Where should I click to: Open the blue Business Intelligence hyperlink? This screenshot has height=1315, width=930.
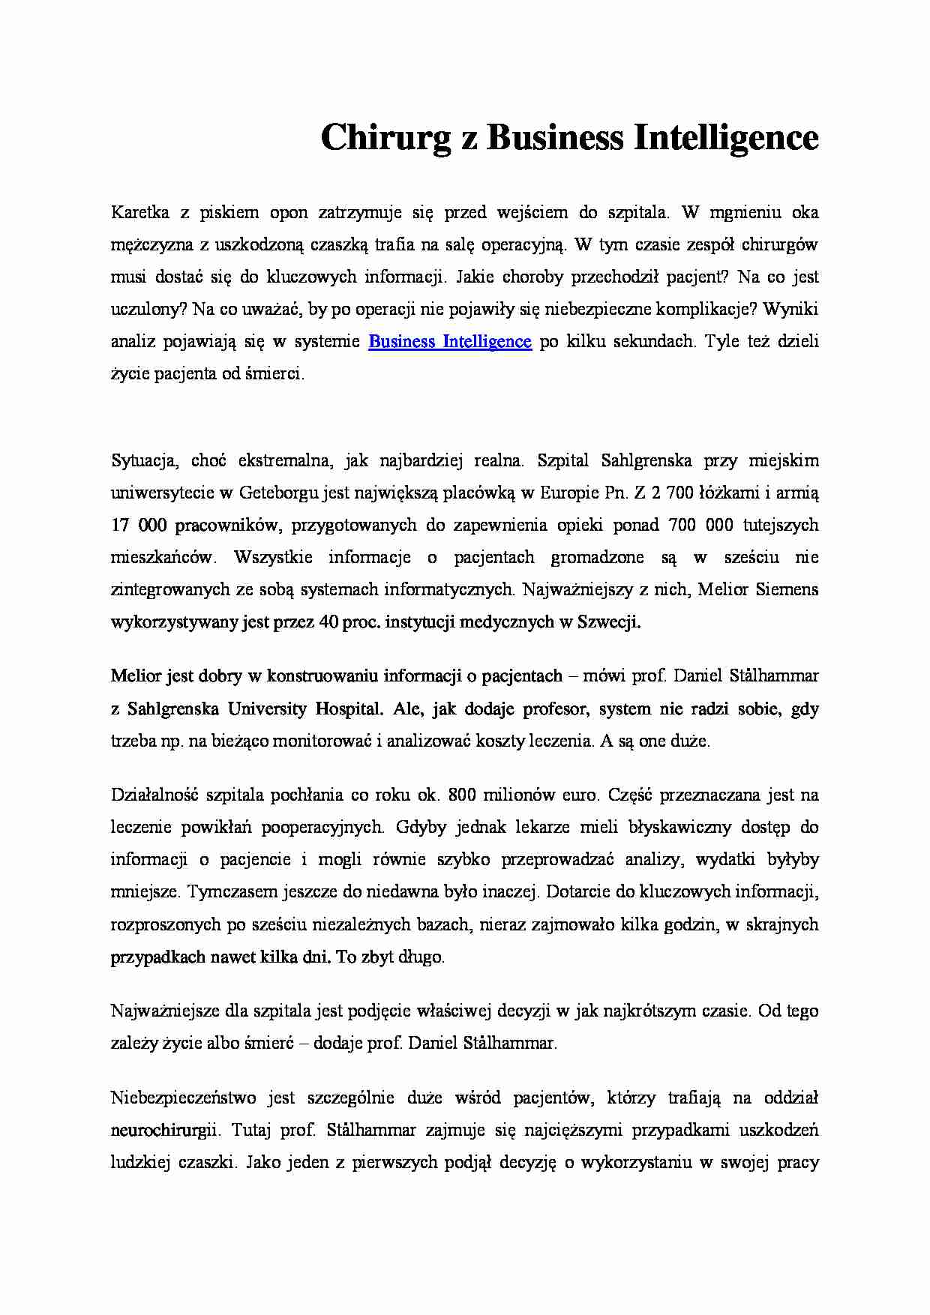(x=450, y=342)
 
